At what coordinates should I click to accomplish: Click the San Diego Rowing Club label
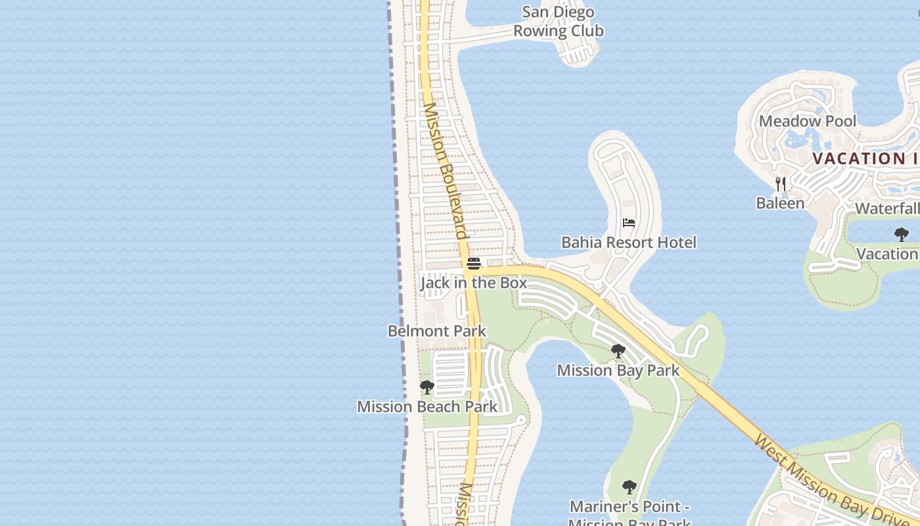tap(558, 22)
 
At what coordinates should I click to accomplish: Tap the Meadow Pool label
tap(808, 121)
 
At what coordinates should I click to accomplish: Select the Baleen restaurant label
tap(780, 203)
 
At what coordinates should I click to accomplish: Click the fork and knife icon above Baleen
tap(780, 183)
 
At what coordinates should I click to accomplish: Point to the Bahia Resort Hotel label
tap(628, 243)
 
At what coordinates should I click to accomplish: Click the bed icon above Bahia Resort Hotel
tap(629, 223)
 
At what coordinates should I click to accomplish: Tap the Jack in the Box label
tap(473, 283)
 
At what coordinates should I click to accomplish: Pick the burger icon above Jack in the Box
tap(474, 264)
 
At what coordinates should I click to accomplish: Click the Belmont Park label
tap(437, 331)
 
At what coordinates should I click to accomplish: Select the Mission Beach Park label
tap(427, 407)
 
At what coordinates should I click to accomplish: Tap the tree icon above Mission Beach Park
tap(427, 387)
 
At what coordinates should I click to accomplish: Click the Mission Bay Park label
tap(618, 371)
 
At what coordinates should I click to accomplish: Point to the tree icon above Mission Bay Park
tap(618, 351)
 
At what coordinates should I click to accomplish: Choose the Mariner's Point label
tap(629, 507)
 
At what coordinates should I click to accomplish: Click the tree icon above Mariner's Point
tap(629, 487)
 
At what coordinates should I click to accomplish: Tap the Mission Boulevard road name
tap(446, 171)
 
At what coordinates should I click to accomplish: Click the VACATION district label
tap(865, 158)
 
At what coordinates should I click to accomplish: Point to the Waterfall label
tap(887, 209)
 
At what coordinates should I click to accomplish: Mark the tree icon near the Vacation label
tap(902, 234)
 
